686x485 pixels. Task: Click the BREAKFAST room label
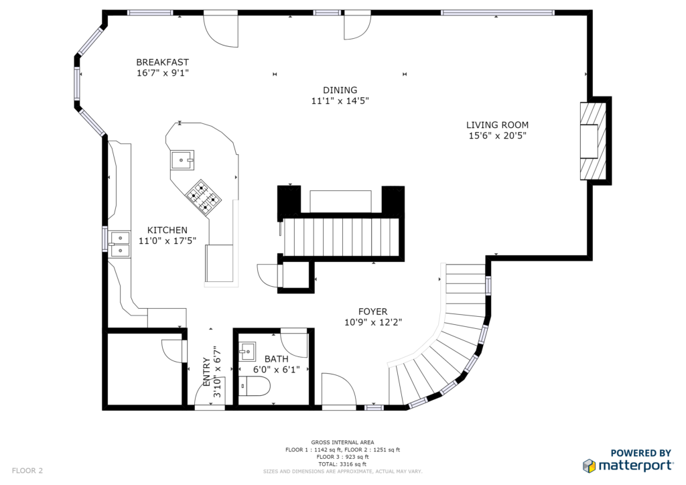click(x=162, y=62)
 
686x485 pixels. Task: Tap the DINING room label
click(x=340, y=90)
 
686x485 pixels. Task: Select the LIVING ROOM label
click(x=497, y=125)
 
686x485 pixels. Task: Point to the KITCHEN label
click(x=167, y=230)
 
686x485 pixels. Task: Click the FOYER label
click(x=372, y=311)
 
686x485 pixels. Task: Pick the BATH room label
click(x=277, y=358)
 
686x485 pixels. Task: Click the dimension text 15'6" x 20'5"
click(x=498, y=135)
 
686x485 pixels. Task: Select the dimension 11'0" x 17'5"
click(x=167, y=240)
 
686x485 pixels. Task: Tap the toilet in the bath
click(x=255, y=386)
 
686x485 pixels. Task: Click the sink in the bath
click(x=248, y=351)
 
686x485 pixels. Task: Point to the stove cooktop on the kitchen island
click(x=203, y=197)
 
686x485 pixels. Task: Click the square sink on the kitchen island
click(x=182, y=161)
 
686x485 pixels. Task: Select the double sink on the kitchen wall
click(x=119, y=245)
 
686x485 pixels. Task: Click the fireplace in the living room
click(x=594, y=141)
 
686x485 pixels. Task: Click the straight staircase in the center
click(x=341, y=237)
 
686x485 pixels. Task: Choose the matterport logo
click(x=628, y=461)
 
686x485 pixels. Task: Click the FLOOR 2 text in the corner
click(x=27, y=470)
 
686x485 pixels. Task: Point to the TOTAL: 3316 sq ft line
click(x=342, y=464)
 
